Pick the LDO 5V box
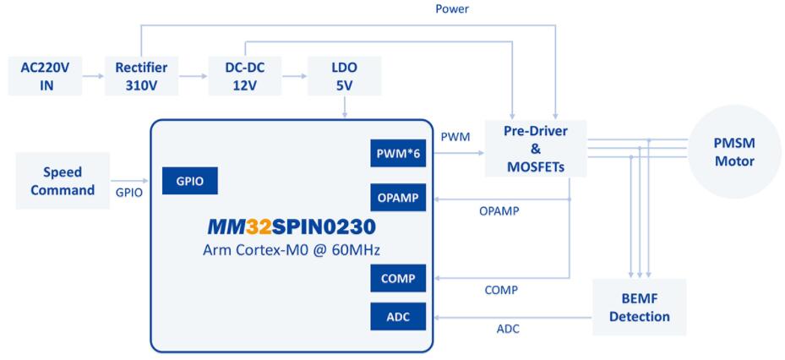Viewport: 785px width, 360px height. click(x=345, y=74)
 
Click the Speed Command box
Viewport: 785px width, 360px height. click(x=63, y=179)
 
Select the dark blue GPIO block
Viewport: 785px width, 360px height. click(x=190, y=180)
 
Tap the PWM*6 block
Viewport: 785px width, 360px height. click(x=401, y=153)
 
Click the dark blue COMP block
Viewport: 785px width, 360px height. click(x=401, y=279)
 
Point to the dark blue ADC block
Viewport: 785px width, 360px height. click(x=401, y=317)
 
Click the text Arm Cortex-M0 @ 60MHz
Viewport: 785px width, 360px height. click(x=292, y=252)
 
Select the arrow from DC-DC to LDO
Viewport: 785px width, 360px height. click(x=294, y=74)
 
